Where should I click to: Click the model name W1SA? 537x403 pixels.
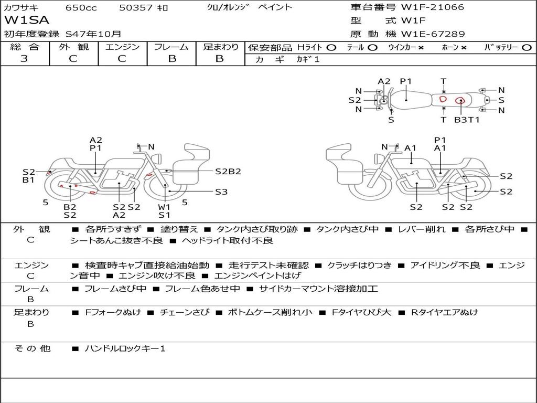27,20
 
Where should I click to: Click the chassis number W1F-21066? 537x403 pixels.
432,7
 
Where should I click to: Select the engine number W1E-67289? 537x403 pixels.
433,34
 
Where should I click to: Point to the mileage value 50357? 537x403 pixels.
136,7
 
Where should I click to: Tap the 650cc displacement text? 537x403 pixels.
80,7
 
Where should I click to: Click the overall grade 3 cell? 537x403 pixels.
24,59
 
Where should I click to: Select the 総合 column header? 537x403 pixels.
24,47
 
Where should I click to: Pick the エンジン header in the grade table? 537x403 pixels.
122,47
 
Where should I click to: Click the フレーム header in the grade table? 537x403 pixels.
171,47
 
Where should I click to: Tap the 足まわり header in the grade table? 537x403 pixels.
220,47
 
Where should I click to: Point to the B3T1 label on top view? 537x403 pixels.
466,120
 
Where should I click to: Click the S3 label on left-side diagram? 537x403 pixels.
221,192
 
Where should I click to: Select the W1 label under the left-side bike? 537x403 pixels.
164,207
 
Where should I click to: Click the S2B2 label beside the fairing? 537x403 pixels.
228,171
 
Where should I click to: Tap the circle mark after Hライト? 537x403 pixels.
331,47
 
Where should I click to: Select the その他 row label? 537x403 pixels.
32,348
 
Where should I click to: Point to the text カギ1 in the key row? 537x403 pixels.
308,59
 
